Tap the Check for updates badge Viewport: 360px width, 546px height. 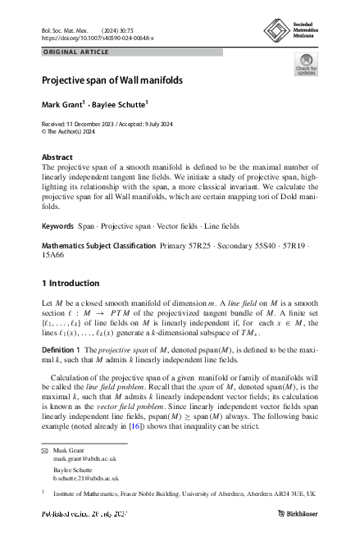[x=306, y=65]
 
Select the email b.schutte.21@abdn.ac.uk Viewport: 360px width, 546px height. [x=86, y=477]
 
